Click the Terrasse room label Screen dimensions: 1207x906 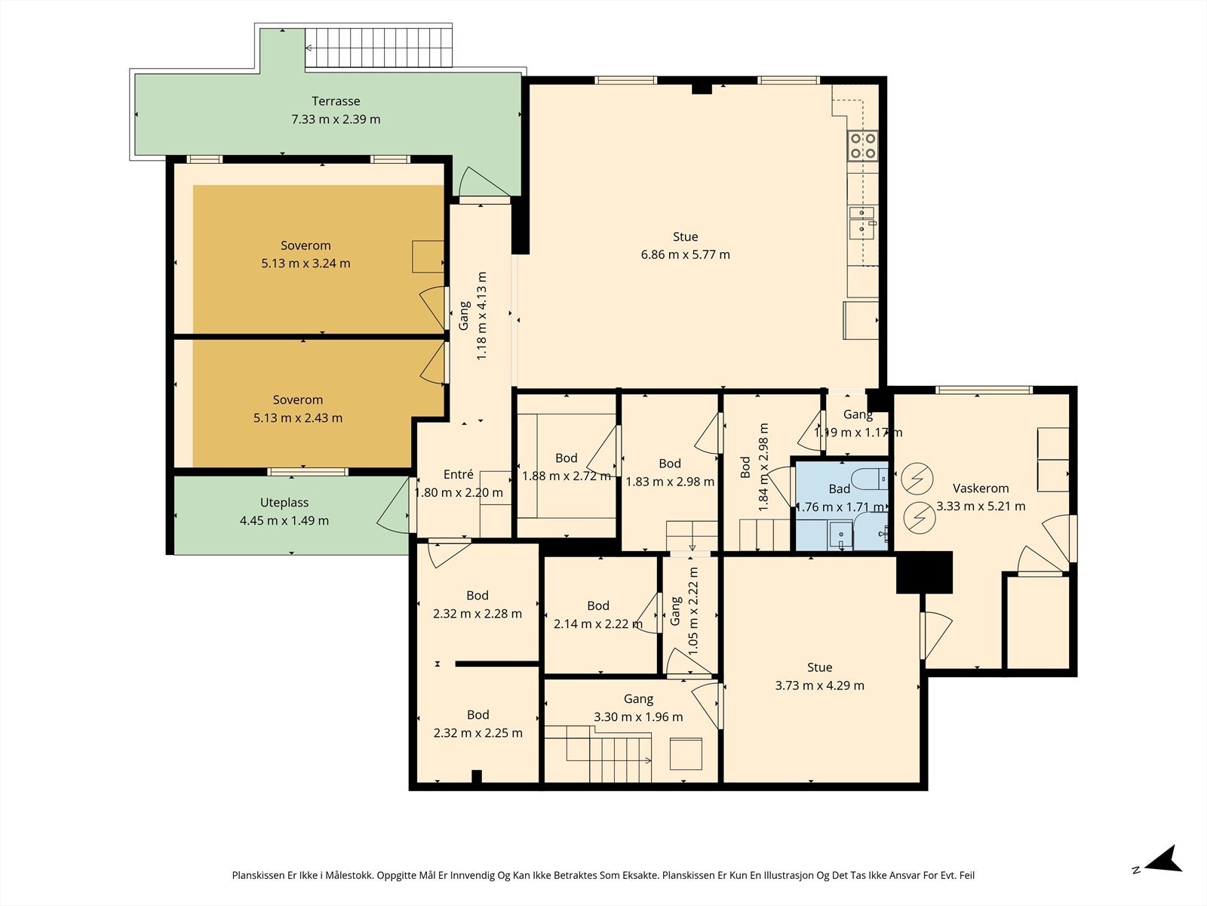[336, 101]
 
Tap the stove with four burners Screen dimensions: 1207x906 [862, 146]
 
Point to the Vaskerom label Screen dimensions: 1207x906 [981, 488]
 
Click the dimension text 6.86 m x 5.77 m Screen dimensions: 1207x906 [685, 254]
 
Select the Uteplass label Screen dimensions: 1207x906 [284, 503]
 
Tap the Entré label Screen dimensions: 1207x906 [458, 474]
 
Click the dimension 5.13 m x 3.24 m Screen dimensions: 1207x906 [306, 263]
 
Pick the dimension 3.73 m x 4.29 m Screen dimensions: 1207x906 [819, 686]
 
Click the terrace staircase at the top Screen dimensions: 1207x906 [379, 48]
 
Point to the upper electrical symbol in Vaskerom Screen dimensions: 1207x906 [917, 479]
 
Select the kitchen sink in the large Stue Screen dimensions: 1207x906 [861, 223]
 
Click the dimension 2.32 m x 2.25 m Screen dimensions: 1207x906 [478, 732]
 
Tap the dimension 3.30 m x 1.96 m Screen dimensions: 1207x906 [638, 716]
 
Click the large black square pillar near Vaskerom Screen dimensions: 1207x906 [924, 572]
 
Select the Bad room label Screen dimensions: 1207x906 [839, 488]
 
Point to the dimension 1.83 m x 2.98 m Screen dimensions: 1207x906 [670, 482]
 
